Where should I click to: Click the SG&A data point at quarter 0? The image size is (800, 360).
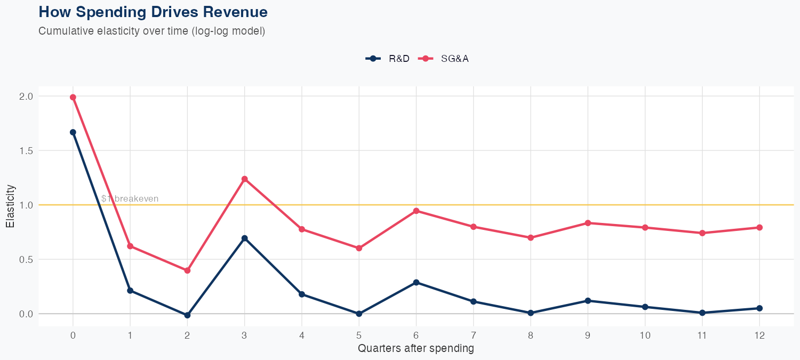point(73,98)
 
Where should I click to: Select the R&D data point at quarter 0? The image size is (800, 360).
point(73,132)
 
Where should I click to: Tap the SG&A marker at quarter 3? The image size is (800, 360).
point(245,179)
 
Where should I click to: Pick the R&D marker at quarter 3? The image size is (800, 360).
point(245,238)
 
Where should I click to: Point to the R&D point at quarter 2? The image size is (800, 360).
point(187,315)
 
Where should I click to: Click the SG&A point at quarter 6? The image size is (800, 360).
point(416,211)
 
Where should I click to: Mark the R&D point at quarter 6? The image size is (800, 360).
point(416,282)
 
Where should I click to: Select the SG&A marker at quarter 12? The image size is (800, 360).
point(759,228)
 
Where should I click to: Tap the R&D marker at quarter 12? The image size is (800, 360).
point(759,308)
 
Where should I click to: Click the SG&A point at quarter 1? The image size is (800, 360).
point(130,246)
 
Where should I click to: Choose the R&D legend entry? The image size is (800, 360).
point(388,59)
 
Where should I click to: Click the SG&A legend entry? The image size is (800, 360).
point(444,59)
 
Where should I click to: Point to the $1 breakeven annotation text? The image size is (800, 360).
point(130,199)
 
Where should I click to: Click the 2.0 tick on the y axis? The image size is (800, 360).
point(26,97)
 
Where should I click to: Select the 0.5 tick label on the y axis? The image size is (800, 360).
point(26,260)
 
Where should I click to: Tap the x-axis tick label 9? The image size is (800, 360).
point(588,335)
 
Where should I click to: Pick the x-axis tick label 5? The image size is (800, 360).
point(359,335)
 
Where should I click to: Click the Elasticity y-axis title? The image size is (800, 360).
point(10,206)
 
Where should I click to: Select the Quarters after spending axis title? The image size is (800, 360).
point(416,349)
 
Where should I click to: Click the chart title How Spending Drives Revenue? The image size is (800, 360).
point(153,12)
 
